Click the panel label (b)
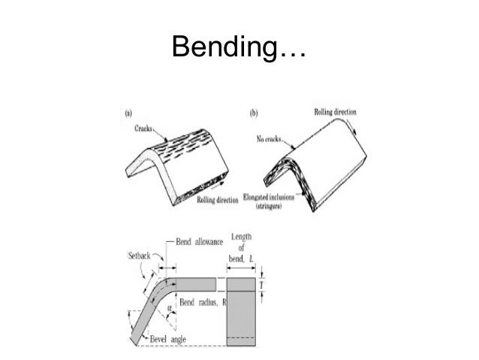(253, 113)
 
